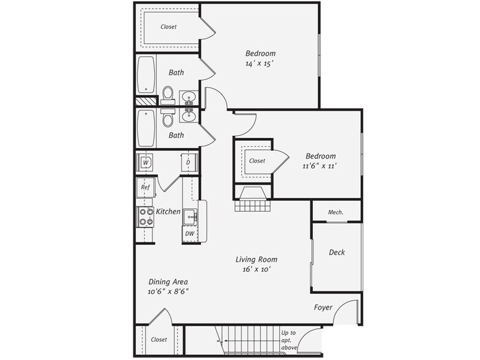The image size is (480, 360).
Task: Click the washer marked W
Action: [146, 163]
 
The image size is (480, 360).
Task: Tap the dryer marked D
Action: [189, 163]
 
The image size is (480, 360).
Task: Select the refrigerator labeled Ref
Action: [146, 187]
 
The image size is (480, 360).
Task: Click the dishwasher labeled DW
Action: [190, 233]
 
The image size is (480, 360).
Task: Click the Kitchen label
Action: [168, 211]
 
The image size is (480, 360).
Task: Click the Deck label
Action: [337, 252]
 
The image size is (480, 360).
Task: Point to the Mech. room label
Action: [336, 212]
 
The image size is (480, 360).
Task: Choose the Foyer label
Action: [324, 307]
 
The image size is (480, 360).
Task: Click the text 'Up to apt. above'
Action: [288, 341]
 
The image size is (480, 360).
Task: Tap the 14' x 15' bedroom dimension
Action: [260, 62]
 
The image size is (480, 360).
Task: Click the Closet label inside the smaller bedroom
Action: [257, 161]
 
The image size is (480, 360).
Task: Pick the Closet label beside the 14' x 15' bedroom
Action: [168, 27]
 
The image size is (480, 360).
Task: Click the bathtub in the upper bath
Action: [146, 75]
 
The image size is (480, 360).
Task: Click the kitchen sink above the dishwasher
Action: [190, 216]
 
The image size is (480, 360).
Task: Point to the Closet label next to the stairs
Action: [159, 339]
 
